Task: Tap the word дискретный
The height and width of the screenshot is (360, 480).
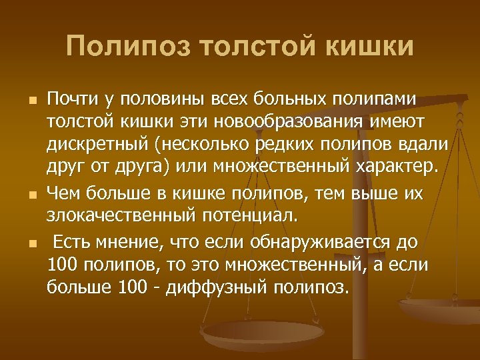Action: [90, 146]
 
